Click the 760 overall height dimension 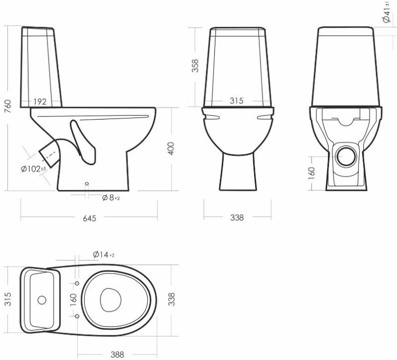[8, 106]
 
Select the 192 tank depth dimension [40, 102]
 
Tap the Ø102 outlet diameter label [33, 169]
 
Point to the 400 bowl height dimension [171, 148]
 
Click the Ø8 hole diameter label [111, 197]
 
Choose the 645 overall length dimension [89, 218]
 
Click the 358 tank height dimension [195, 65]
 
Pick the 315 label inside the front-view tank [237, 101]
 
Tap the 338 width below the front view [237, 217]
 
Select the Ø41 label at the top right [387, 12]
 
